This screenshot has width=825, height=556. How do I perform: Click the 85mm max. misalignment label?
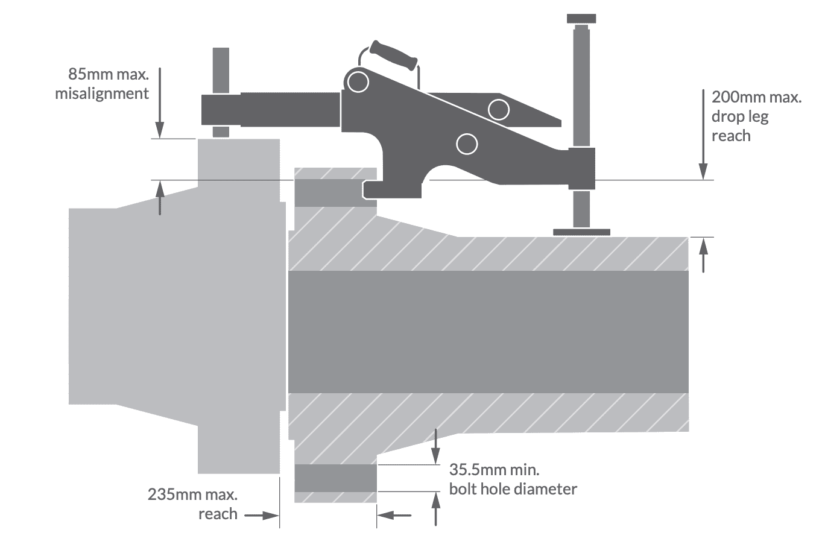pos(102,84)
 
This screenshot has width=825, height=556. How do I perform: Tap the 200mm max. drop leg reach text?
pos(756,116)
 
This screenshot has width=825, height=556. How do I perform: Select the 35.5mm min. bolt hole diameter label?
pos(513,479)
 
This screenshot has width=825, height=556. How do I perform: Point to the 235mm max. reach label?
pos(193,504)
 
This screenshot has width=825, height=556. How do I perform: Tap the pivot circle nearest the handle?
pos(358,81)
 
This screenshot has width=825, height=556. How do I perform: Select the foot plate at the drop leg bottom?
pos(581,232)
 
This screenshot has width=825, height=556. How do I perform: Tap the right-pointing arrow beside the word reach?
pos(260,515)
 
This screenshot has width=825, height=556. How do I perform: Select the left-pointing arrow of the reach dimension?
pos(394,515)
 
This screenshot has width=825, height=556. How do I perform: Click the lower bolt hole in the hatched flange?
pos(335,478)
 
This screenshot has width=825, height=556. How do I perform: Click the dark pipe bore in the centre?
pos(488,332)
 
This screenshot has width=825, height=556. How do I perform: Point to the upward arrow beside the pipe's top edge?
pos(703,254)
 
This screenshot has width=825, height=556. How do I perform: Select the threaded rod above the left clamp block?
pos(221,70)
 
